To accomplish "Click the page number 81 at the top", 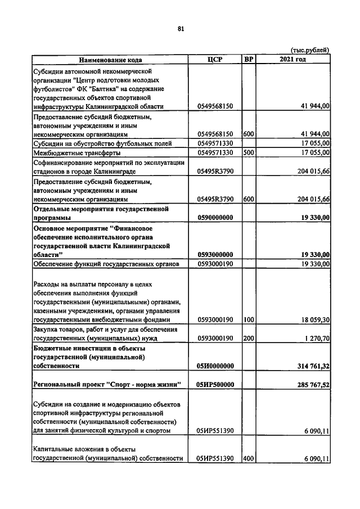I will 180,29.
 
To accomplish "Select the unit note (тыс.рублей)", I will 310,50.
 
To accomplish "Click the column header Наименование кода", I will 110,60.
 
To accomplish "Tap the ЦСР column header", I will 215,60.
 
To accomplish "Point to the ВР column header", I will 249,60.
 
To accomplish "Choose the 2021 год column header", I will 293,60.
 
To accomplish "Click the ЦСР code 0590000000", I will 215,217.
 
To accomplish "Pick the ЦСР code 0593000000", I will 215,254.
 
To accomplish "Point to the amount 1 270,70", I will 316,339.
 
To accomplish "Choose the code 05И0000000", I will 215,366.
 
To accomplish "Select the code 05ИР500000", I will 215,385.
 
